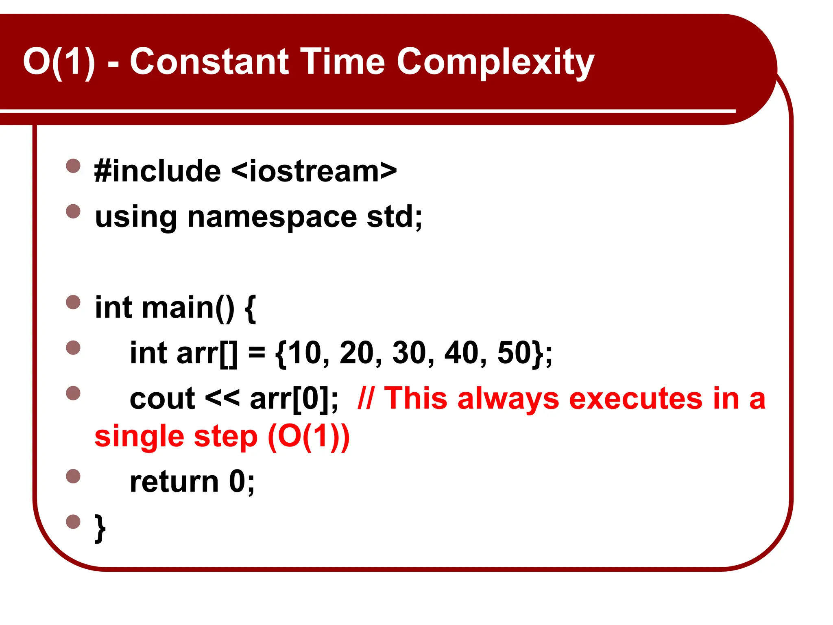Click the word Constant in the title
pyautogui.click(x=209, y=62)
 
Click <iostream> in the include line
pyautogui.click(x=314, y=171)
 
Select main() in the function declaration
pyautogui.click(x=188, y=308)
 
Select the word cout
pyautogui.click(x=162, y=399)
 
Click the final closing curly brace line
pyautogui.click(x=100, y=528)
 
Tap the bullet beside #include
pyautogui.click(x=73, y=166)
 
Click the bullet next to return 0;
pyautogui.click(x=73, y=476)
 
